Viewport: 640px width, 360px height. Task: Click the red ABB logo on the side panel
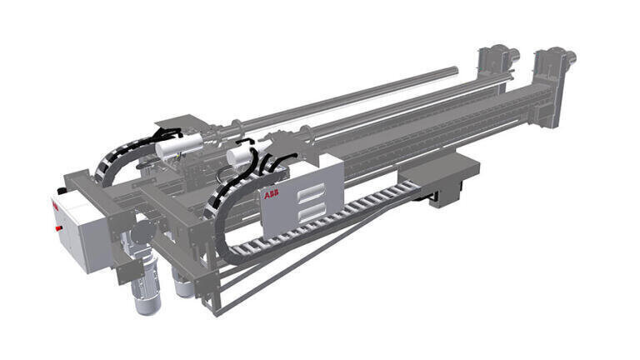click(x=271, y=194)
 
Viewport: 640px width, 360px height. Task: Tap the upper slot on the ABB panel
click(x=312, y=193)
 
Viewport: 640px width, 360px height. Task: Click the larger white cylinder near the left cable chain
click(x=179, y=146)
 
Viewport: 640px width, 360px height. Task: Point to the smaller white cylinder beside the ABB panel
click(x=240, y=157)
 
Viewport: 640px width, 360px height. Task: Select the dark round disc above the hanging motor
click(x=144, y=232)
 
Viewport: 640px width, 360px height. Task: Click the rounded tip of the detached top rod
click(x=455, y=70)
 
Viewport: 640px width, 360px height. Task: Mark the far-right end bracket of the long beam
click(x=555, y=87)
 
